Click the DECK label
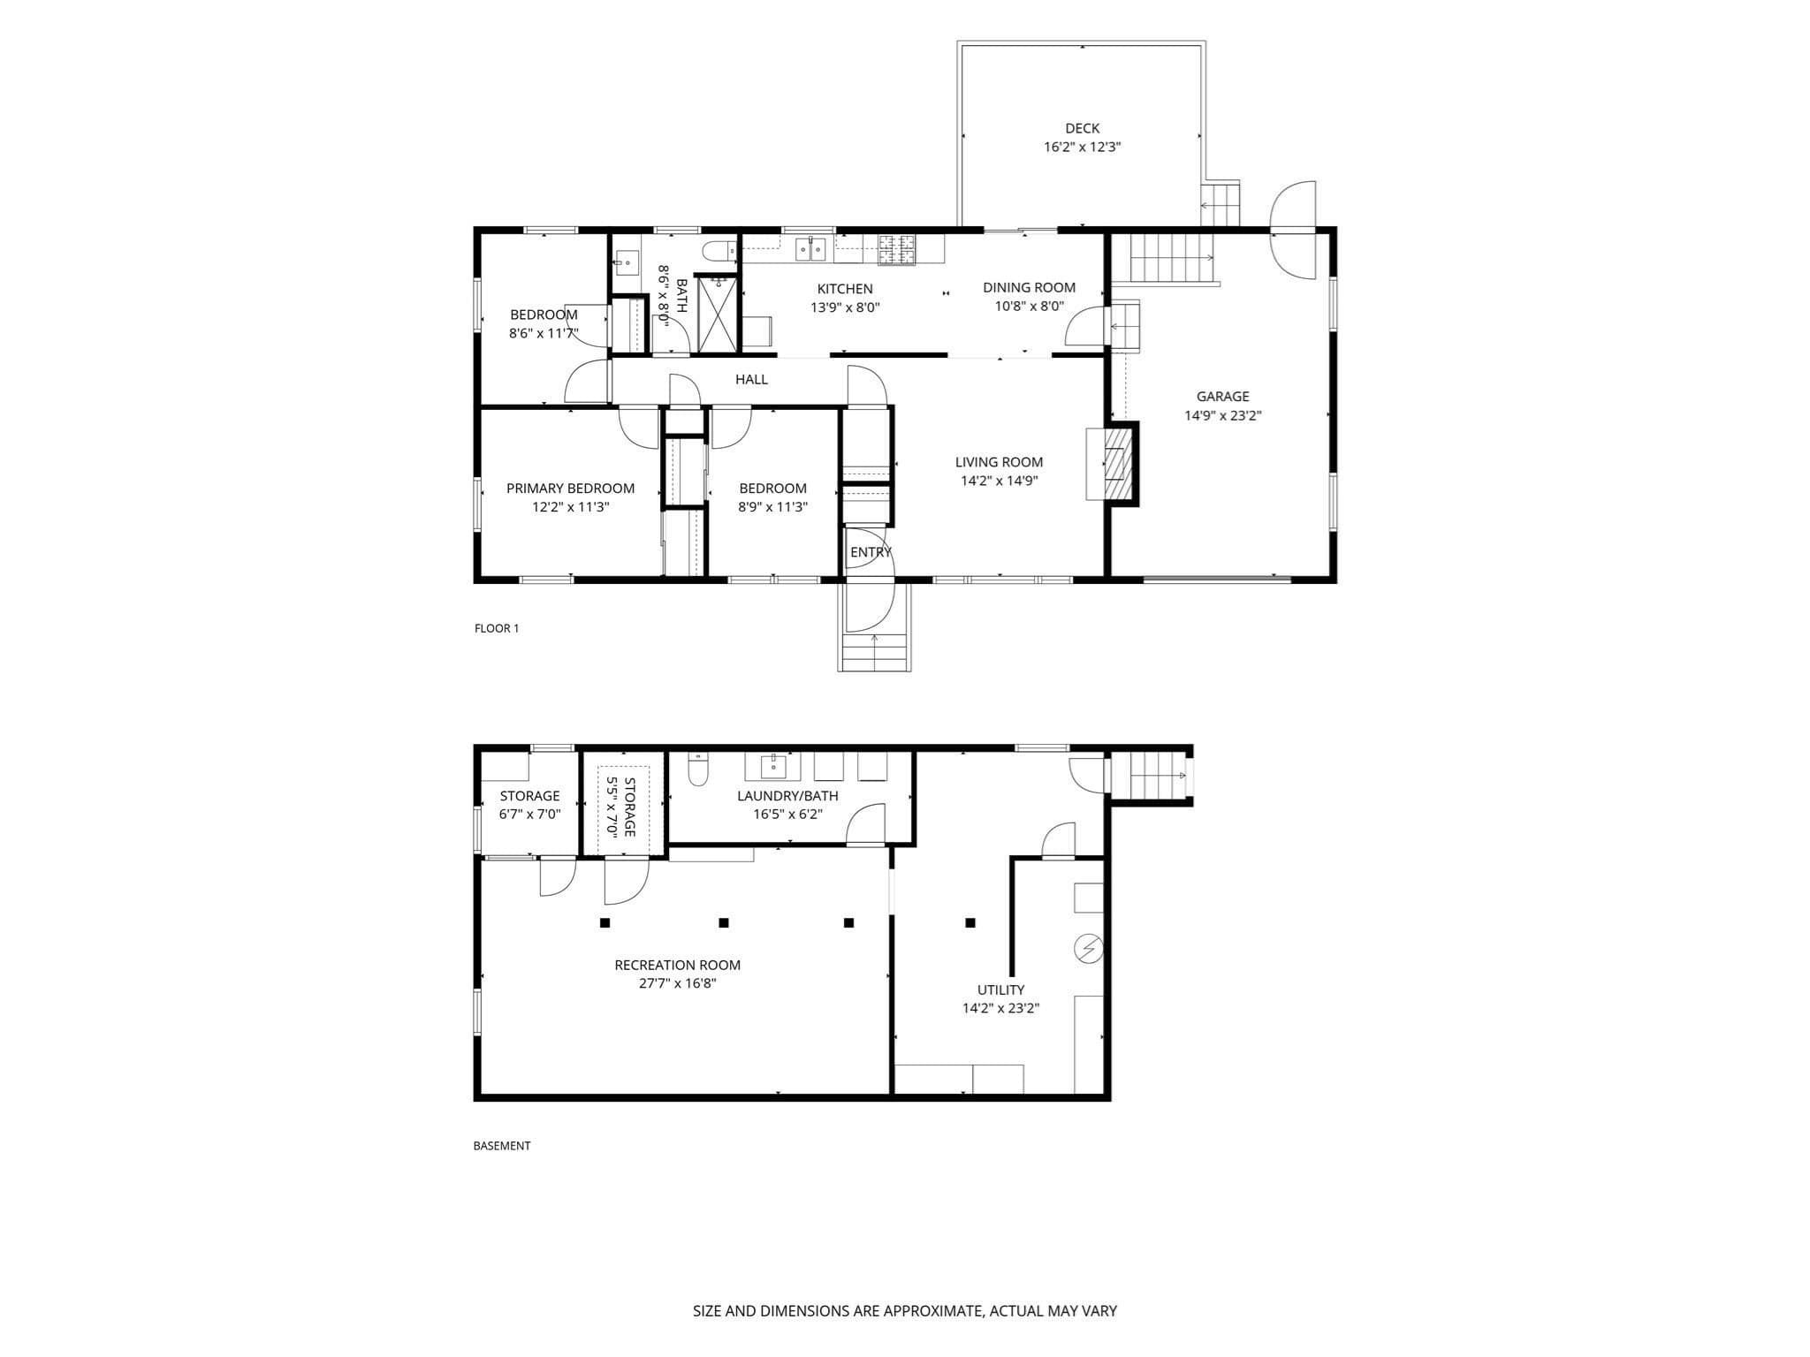point(1082,129)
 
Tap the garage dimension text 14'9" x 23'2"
point(1222,416)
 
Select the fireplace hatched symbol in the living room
point(1118,464)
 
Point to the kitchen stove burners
point(898,250)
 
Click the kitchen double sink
point(810,250)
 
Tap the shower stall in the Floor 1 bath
point(717,314)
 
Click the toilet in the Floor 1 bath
point(719,251)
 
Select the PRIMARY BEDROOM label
point(570,489)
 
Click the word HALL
point(751,380)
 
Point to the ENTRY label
point(871,553)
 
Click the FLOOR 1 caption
point(497,629)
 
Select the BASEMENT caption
point(502,1146)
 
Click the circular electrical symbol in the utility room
point(1088,949)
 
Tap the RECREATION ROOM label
point(677,966)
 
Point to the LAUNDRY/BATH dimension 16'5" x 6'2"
point(787,815)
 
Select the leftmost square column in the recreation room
point(605,923)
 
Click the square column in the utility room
point(970,923)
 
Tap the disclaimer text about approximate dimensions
point(904,1311)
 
